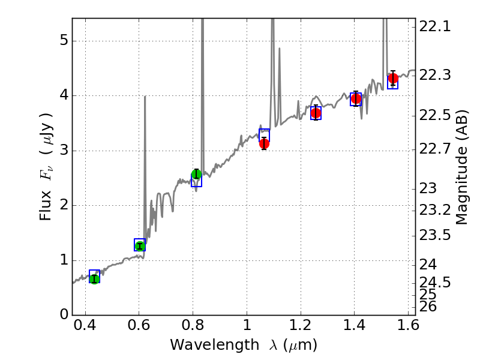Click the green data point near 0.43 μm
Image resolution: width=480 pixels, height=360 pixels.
94,278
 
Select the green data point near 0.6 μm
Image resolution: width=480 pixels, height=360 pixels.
140,245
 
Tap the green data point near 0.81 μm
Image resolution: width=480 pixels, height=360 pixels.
196,175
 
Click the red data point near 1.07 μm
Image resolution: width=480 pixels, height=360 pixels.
264,143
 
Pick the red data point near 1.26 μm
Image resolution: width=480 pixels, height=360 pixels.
316,113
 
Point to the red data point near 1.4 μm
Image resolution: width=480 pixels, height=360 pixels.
356,98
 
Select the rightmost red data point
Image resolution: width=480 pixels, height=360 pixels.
393,79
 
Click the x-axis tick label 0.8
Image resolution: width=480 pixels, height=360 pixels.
193,328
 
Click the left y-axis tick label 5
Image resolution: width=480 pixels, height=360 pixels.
63,41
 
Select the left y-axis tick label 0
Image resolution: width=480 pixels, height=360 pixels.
63,315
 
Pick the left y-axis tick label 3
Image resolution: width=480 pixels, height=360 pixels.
63,151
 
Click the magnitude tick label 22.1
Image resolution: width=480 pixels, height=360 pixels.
436,27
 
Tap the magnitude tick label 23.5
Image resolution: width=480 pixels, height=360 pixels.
436,235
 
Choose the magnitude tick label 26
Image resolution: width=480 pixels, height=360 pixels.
430,307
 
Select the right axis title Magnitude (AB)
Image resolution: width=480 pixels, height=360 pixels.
461,167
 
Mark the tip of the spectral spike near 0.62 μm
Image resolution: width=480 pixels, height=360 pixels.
145,96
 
